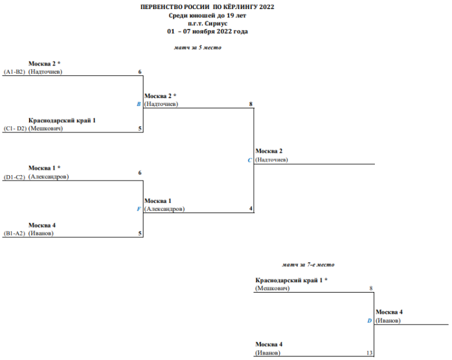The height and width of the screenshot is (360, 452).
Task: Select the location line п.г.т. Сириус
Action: (x=207, y=22)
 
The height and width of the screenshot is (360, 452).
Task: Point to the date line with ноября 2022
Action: (x=207, y=31)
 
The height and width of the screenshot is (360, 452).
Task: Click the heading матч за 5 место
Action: (x=197, y=48)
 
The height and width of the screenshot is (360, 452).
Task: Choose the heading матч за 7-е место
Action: (x=308, y=265)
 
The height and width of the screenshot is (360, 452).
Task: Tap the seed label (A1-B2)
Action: (x=14, y=72)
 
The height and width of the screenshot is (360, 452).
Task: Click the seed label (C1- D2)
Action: (x=14, y=129)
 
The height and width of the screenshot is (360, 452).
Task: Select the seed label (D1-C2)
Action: (x=14, y=177)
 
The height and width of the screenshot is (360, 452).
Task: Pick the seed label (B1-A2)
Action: (x=14, y=234)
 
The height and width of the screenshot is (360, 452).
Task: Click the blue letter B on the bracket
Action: (x=139, y=104)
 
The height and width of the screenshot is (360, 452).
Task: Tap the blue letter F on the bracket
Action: (x=139, y=209)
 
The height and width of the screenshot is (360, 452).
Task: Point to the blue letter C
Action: (x=250, y=160)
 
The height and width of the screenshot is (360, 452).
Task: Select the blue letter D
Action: (x=370, y=321)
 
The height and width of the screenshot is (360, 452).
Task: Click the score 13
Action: (x=369, y=353)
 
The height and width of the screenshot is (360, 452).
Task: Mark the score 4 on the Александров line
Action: (x=251, y=209)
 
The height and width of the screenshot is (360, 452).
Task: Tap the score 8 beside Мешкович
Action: (x=371, y=288)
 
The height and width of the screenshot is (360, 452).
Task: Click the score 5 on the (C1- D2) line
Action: (x=140, y=128)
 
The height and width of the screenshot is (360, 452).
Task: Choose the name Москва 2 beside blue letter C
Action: (x=269, y=151)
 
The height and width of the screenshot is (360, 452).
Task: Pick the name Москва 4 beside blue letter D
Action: (x=389, y=312)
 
